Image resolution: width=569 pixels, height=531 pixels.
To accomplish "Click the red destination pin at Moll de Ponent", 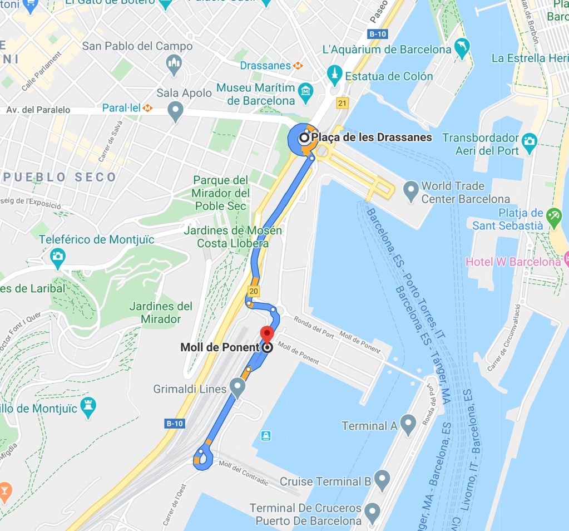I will (267, 335).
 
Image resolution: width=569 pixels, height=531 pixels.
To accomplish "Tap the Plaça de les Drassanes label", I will (371, 137).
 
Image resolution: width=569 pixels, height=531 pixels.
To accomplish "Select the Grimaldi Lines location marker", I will (238, 387).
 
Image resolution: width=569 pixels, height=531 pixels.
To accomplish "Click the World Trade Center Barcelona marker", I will (411, 191).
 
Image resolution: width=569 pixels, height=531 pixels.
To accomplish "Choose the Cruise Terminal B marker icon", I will (382, 479).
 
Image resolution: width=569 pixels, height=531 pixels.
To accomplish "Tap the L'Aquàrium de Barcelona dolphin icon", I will (462, 48).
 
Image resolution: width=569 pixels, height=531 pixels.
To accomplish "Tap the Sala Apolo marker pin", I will (176, 111).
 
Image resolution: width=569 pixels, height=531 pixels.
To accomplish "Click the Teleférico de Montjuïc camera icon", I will (57, 258).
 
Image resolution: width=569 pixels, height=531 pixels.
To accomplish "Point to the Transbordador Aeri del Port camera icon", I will (530, 140).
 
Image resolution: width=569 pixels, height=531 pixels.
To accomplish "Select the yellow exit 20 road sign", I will (254, 291).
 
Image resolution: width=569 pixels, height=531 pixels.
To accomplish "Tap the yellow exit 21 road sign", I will (342, 103).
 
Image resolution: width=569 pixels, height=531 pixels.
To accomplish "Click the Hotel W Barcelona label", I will (513, 262).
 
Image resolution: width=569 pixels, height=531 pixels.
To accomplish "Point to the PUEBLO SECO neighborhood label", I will (60, 177).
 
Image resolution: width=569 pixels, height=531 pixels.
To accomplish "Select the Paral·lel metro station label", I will (122, 107).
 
